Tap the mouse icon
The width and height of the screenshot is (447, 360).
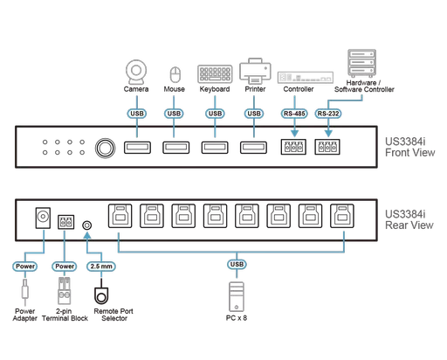coord(173,72)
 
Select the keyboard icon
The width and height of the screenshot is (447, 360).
coord(214,72)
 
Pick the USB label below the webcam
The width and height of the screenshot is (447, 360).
coord(135,112)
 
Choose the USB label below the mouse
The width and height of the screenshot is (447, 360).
coord(174,112)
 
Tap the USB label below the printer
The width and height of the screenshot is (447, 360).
coord(254,112)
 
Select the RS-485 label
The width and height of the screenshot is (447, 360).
coord(293,112)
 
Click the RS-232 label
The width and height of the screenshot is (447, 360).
coord(329,112)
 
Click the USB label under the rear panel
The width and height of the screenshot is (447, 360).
coord(236,264)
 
